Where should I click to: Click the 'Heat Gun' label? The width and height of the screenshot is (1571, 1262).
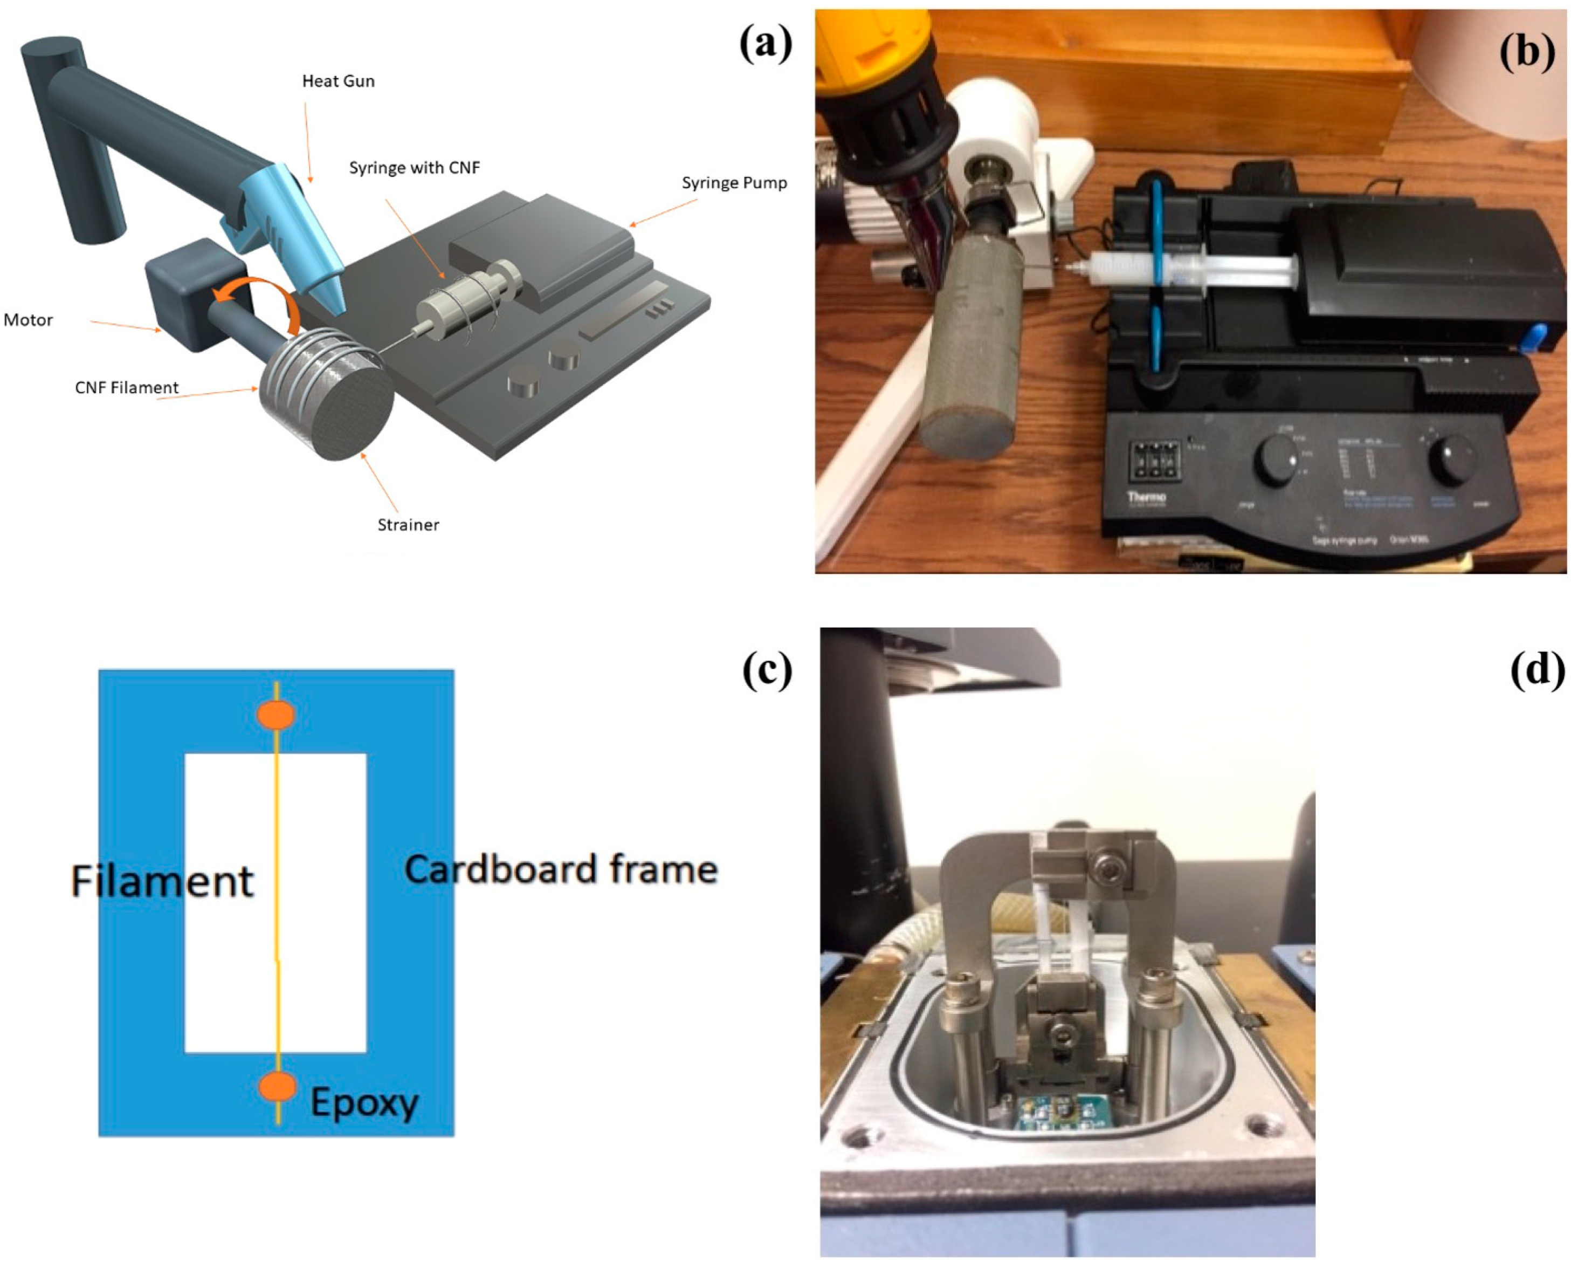[x=338, y=81]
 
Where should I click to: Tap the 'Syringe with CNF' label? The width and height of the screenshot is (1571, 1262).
[x=414, y=168]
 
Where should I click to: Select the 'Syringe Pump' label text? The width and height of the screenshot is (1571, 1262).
[x=734, y=183]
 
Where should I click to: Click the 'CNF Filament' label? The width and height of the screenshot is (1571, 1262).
[x=126, y=388]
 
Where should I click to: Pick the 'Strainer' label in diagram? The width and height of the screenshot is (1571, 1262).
[x=408, y=525]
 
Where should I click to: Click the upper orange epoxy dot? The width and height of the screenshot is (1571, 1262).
[x=276, y=715]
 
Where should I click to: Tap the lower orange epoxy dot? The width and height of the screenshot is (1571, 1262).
[x=277, y=1086]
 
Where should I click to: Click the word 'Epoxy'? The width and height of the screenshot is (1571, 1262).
[x=364, y=1102]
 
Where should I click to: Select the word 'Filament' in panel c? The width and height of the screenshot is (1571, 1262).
[x=162, y=881]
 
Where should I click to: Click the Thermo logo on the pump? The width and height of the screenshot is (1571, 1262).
[x=1146, y=497]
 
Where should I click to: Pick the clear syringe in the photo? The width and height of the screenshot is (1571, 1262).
[x=1181, y=270]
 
